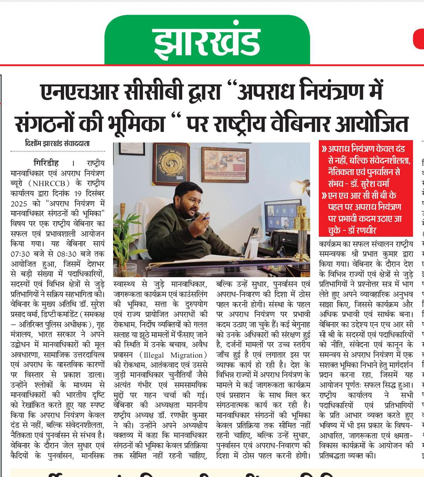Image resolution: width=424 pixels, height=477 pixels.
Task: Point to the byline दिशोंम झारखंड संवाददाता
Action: click(x=57, y=144)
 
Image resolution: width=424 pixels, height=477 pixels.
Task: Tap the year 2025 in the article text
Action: click(x=19, y=204)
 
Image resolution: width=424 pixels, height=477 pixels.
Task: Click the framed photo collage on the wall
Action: click(x=225, y=165)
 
